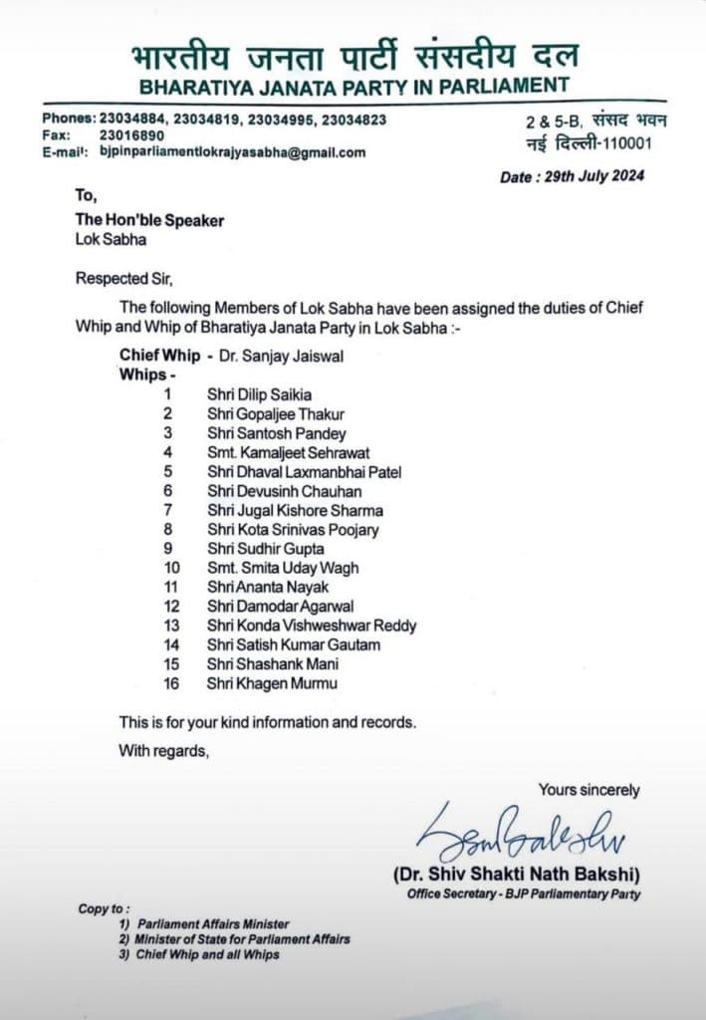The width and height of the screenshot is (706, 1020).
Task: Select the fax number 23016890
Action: tap(130, 135)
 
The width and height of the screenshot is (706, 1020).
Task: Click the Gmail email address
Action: tap(233, 152)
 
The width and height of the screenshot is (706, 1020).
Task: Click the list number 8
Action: tap(168, 530)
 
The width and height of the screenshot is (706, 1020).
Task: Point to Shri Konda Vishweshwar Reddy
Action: tap(312, 626)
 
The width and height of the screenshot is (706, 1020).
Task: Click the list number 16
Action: tap(168, 683)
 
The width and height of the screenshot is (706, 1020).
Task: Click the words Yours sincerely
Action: tap(588, 790)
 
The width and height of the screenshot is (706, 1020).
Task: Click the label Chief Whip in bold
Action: tap(159, 355)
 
